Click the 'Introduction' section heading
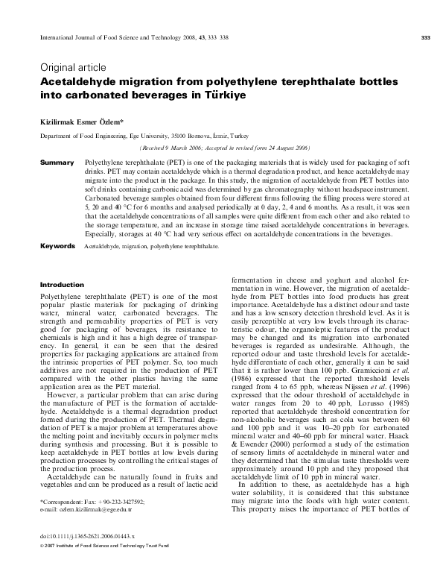coord(62,284)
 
